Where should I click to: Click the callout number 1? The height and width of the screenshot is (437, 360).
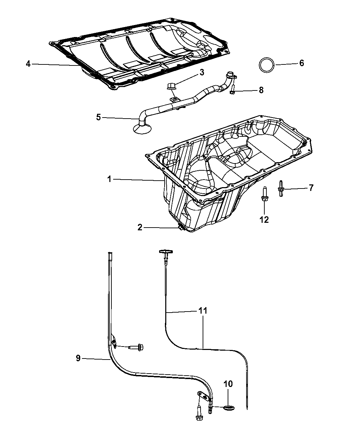109,179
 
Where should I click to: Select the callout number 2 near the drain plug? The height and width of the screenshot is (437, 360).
140,227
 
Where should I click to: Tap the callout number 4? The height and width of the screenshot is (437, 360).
28,64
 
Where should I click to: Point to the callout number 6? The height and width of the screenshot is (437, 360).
301,63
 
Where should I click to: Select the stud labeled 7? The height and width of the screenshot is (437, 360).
281,189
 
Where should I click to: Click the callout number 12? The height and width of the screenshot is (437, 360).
264,219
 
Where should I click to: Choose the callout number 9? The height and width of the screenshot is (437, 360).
78,358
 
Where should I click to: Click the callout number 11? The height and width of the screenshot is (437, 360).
203,311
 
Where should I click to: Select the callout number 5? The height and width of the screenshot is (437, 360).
98,118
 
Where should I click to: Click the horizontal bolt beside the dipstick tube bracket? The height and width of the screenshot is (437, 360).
136,348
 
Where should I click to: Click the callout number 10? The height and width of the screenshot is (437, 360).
228,384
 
